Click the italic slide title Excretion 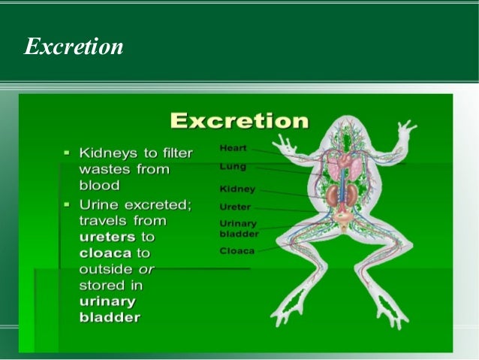(x=74, y=47)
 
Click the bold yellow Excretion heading (x=239, y=121)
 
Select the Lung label (x=232, y=165)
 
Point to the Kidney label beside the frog (x=237, y=189)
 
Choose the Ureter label (x=235, y=206)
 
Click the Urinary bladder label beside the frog (x=239, y=228)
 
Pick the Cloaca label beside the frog (x=236, y=250)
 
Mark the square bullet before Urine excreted (x=67, y=204)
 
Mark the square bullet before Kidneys (x=67, y=153)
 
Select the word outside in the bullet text (x=105, y=270)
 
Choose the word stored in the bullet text (x=103, y=286)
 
